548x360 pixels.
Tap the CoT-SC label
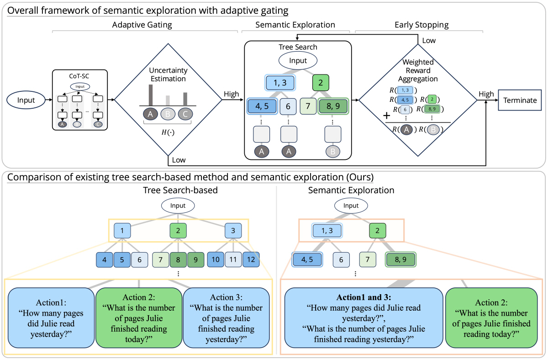(x=79, y=74)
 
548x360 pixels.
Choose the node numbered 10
(x=216, y=259)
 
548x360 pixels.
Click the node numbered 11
(x=233, y=259)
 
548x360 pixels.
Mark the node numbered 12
(x=251, y=259)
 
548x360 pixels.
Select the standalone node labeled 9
(x=195, y=259)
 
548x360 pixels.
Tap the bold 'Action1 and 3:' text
(x=364, y=296)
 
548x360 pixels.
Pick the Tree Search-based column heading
(x=178, y=191)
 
